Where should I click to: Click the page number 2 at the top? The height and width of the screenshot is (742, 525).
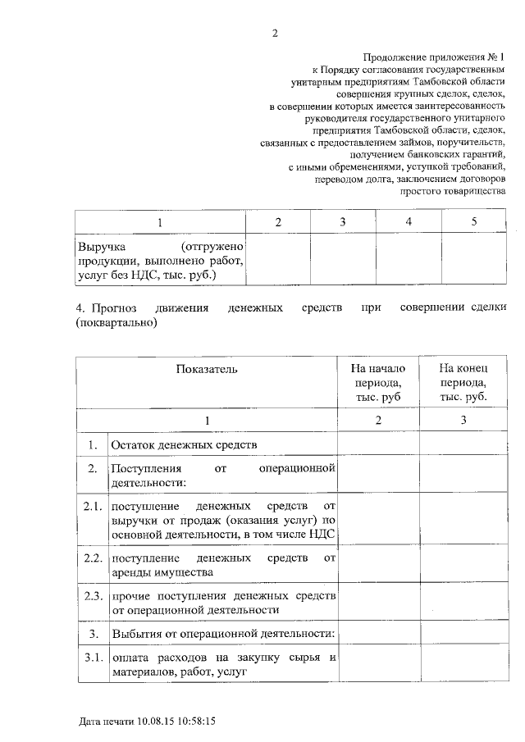[276, 34]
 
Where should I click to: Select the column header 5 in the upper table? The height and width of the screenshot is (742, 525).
[474, 222]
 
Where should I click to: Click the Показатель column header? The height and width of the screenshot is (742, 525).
[207, 369]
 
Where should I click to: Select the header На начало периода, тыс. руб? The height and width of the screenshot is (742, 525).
[378, 382]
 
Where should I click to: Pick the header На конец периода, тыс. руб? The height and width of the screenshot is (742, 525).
[463, 382]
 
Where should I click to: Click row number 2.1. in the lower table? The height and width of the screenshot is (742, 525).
[92, 504]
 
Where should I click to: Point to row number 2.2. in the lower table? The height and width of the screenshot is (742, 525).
[92, 558]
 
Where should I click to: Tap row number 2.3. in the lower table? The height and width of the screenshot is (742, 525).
[92, 594]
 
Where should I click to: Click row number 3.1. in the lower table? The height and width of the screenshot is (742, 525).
[92, 658]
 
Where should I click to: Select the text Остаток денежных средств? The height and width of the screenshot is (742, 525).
[185, 444]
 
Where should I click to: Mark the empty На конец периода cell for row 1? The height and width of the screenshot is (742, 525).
[463, 444]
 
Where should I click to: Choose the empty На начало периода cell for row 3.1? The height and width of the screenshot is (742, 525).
[378, 665]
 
